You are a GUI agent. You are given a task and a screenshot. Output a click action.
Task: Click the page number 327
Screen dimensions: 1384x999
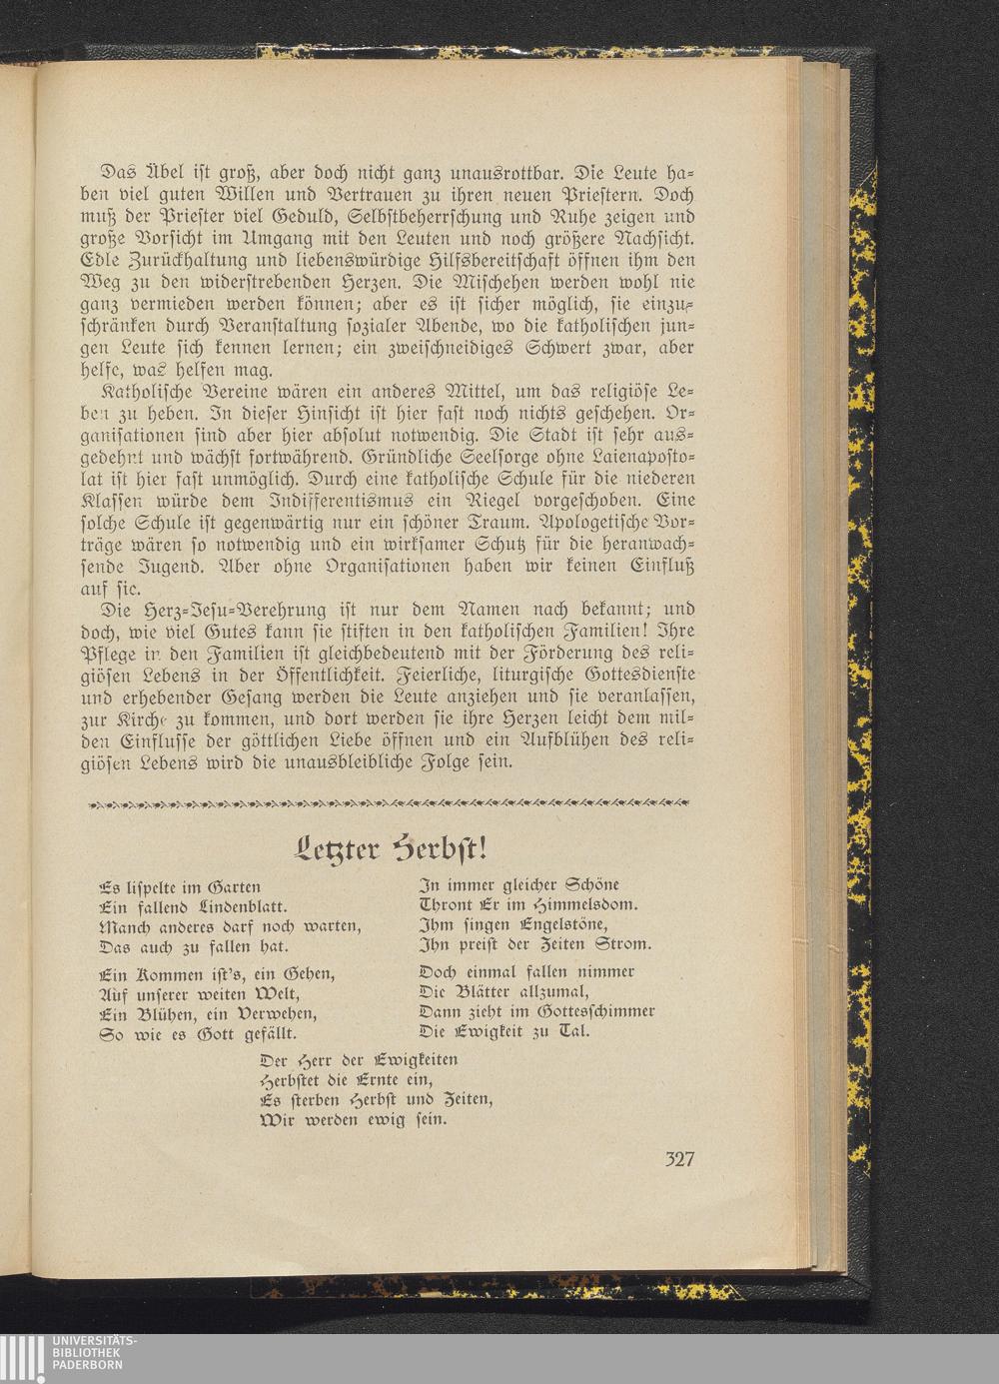pyautogui.click(x=678, y=1159)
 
